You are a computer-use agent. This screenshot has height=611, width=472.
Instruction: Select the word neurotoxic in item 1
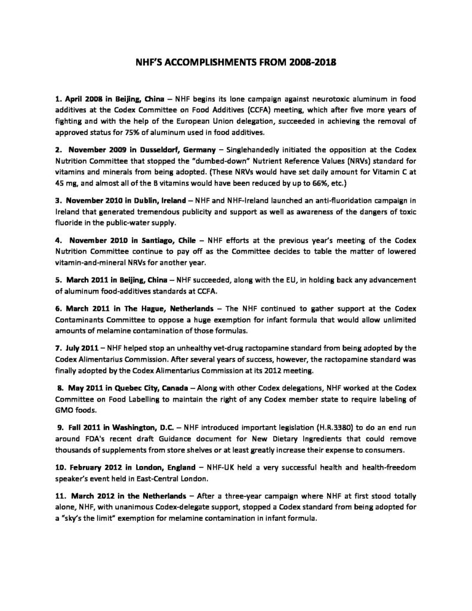point(297,96)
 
